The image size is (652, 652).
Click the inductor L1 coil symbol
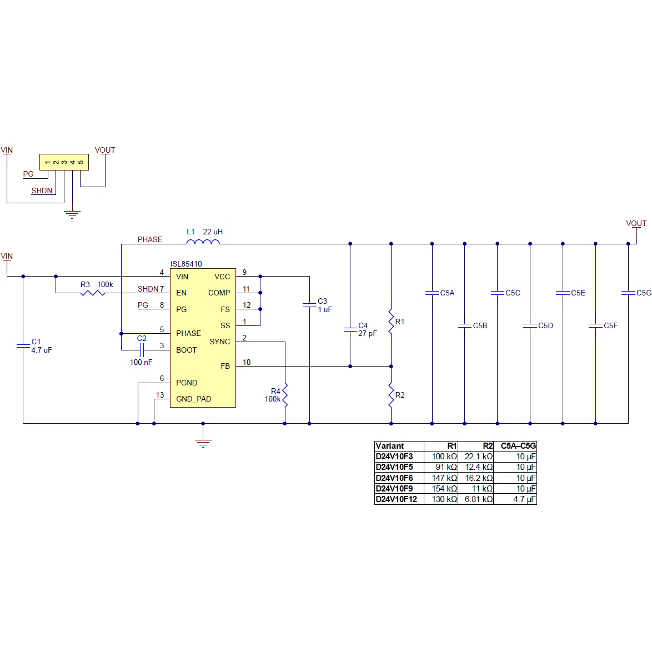tap(203, 242)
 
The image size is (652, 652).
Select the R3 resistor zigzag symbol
tap(93, 293)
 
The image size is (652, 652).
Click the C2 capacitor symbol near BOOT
tap(142, 350)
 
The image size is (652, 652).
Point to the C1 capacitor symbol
tap(23, 346)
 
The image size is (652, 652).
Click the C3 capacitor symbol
tap(309, 305)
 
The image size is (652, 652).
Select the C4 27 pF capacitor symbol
tap(350, 329)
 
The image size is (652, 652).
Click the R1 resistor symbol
tap(391, 322)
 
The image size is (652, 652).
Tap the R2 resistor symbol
tap(391, 395)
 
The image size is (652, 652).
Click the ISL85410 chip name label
tap(186, 264)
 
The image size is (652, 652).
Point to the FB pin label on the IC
tap(225, 366)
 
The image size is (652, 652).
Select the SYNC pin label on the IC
tap(220, 342)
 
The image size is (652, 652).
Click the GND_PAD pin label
tap(193, 399)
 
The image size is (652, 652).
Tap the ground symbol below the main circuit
tap(203, 442)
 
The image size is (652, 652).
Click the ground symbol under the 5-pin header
tap(72, 214)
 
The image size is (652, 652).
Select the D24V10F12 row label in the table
tap(396, 499)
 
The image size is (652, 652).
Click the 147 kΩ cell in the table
tap(444, 478)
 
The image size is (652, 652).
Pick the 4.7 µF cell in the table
tap(524, 499)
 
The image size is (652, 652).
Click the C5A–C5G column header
tap(518, 446)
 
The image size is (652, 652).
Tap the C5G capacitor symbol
tap(628, 293)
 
